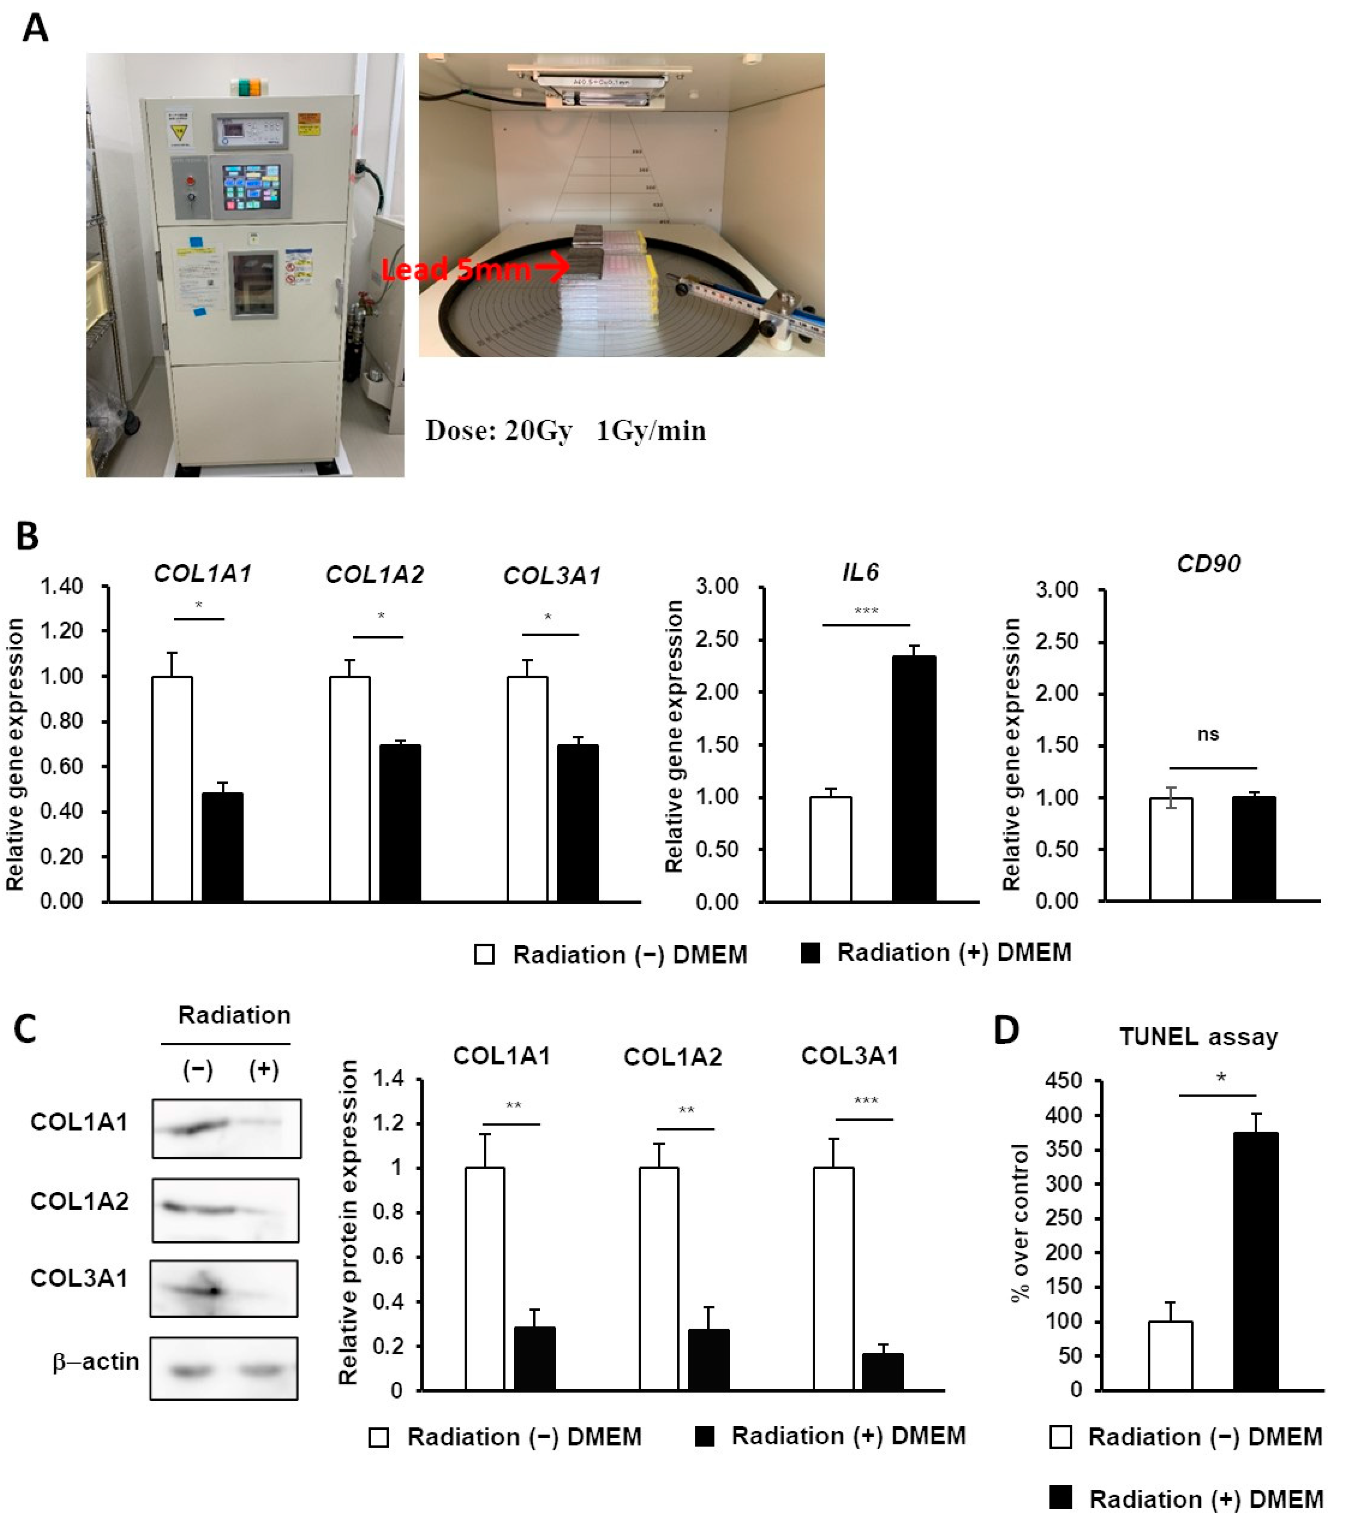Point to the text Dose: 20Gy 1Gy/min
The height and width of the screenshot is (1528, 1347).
click(565, 431)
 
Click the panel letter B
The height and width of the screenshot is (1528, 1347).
click(28, 536)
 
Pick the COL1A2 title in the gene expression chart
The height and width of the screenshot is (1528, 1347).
click(374, 574)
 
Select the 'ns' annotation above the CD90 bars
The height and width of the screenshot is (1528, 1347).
click(1208, 734)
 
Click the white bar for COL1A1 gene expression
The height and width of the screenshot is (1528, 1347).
click(172, 789)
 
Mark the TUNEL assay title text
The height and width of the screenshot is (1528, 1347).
click(1198, 1037)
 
